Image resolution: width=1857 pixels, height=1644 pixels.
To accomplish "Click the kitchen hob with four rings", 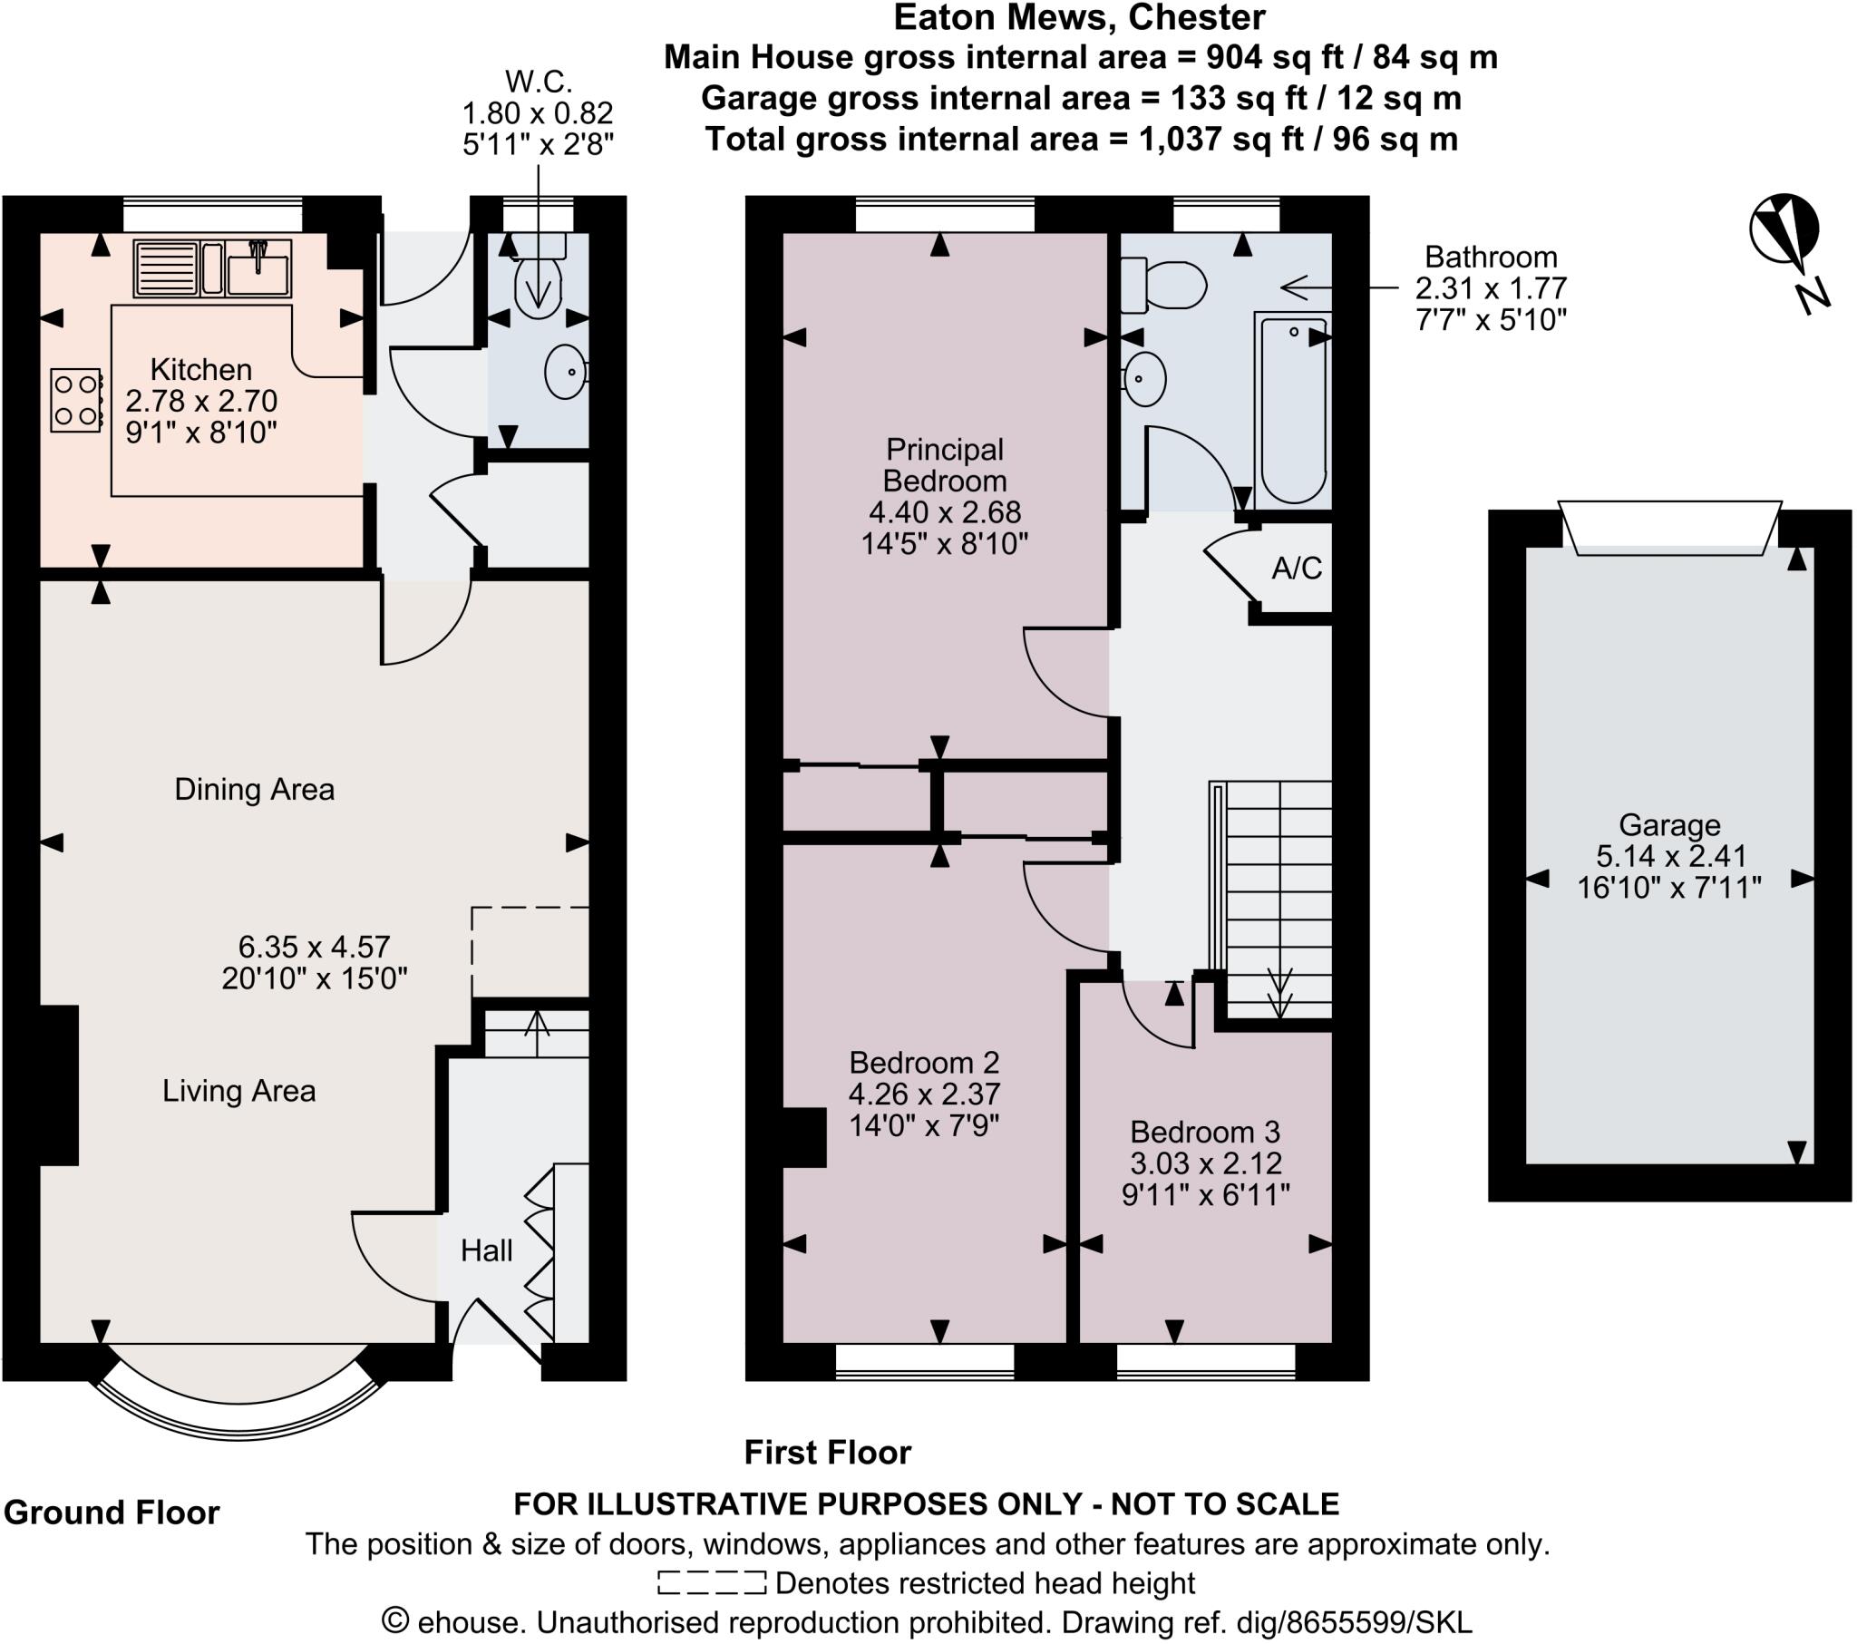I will coord(75,400).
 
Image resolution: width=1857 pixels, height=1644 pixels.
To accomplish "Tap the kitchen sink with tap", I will coord(258,270).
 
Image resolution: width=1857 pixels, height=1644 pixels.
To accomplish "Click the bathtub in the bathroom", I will coord(1293,409).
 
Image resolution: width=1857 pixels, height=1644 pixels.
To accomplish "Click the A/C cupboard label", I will coord(1297,569).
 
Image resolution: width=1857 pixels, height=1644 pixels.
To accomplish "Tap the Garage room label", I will coord(1669,825).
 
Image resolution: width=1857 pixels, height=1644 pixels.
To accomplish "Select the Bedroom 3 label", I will coord(1205,1133).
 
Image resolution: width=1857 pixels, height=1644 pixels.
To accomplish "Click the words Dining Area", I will coord(255,790).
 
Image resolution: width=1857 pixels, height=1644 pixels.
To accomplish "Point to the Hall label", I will coord(486,1251).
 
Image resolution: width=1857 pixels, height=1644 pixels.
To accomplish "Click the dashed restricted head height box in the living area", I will coord(530,951).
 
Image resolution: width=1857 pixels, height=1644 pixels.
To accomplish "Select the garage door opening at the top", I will coord(1669,528).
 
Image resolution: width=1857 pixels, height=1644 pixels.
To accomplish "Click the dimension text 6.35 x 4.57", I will coord(315,947).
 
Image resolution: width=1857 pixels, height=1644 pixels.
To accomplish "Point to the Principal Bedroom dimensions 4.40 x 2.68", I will coord(945,512).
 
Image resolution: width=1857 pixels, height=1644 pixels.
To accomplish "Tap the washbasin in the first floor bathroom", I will coord(1143,379).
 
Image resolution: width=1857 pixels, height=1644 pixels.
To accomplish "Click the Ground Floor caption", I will coord(112,1513).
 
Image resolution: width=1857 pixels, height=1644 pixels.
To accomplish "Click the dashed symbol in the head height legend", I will coord(712,1583).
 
